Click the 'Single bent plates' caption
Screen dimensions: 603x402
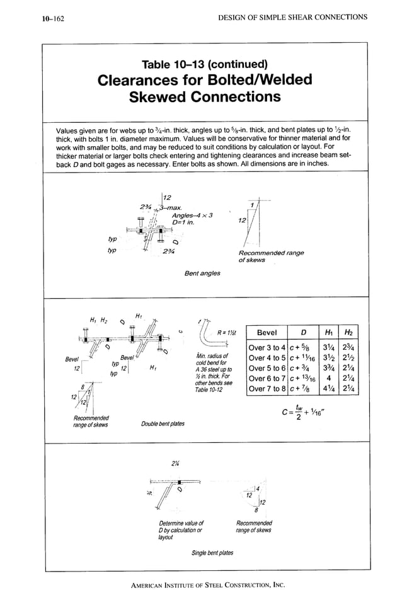212,553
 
